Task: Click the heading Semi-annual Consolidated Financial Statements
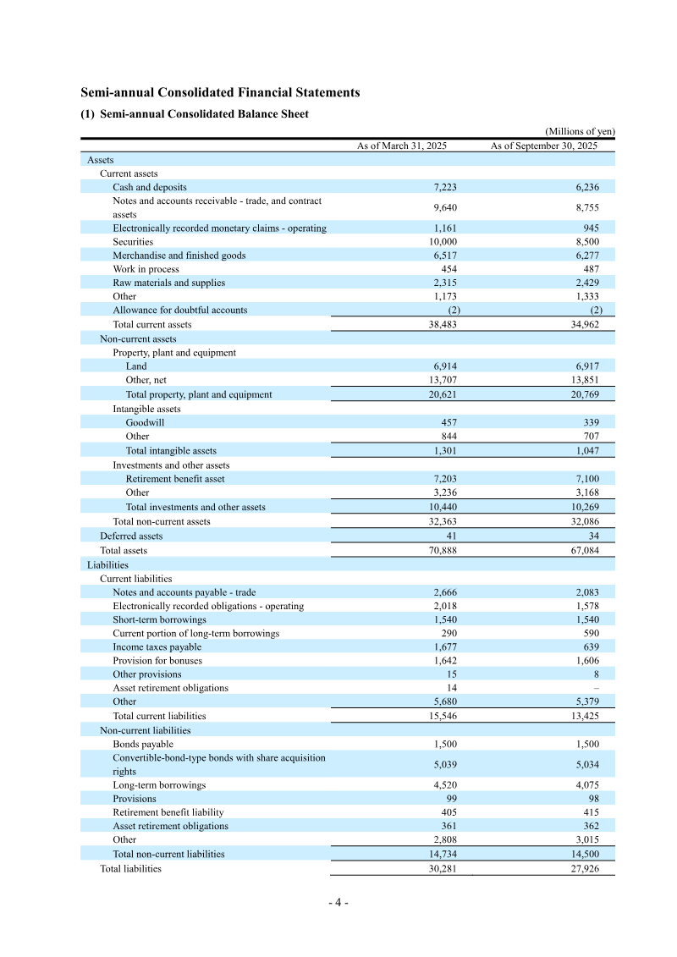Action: click(x=220, y=93)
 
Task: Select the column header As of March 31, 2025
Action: click(x=401, y=146)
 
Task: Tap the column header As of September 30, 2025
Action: click(x=544, y=146)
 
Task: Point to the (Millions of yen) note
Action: click(x=580, y=131)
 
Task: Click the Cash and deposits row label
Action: click(x=150, y=187)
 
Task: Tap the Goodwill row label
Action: click(x=145, y=422)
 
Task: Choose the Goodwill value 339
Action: click(x=591, y=422)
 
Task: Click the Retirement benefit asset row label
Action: click(x=175, y=479)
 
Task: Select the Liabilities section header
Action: click(x=107, y=564)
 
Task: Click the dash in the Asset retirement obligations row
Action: click(x=597, y=688)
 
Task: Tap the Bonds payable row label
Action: click(x=143, y=744)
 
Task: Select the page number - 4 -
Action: click(x=338, y=902)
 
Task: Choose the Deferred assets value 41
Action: click(x=451, y=536)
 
